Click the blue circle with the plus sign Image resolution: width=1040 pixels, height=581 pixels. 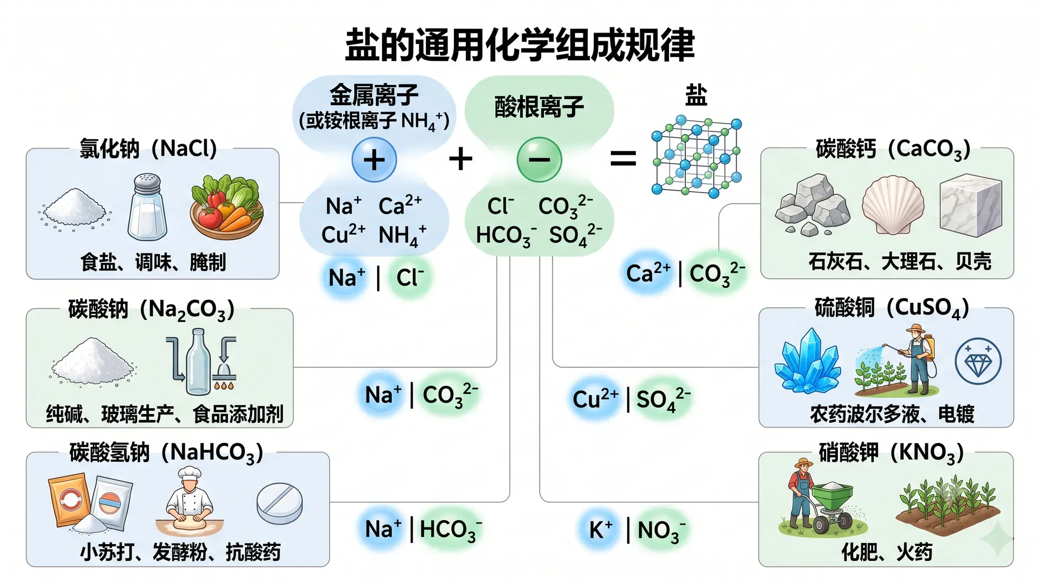point(374,159)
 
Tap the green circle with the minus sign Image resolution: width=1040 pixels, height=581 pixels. point(539,159)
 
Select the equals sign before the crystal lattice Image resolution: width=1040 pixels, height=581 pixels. point(623,159)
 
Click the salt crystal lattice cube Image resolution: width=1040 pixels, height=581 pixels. point(697,156)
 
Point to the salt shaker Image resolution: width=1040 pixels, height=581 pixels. point(147,206)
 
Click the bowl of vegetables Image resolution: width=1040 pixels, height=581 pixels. point(226,207)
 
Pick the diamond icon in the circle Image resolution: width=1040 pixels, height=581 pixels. point(978,361)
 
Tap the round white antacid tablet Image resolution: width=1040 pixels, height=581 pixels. point(279,503)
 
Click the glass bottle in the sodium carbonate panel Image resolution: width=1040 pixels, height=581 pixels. point(198,361)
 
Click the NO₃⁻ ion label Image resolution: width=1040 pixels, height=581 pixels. point(661,530)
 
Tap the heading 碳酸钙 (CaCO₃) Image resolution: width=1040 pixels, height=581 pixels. point(893,149)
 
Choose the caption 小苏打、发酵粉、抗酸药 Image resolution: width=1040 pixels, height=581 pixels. point(180,552)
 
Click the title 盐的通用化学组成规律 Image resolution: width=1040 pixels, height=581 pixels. point(520,44)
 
